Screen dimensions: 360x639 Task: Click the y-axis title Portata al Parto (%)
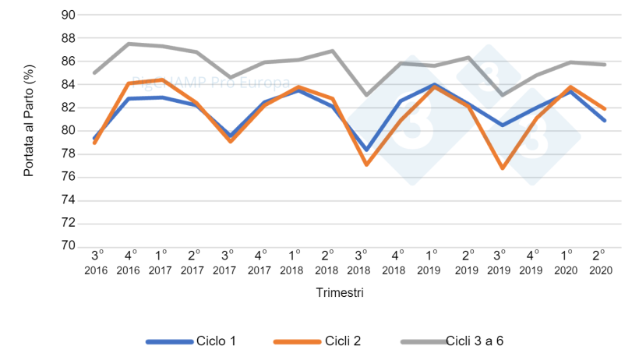pos(29,130)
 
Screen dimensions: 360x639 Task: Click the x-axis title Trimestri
pos(340,293)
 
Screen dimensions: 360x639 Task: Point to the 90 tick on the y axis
pos(68,15)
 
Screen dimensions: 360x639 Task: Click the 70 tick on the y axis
pos(68,246)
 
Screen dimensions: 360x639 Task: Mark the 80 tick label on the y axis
pos(68,130)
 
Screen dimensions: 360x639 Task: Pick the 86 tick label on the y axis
pos(68,61)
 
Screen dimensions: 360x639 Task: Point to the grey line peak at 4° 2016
pos(128,44)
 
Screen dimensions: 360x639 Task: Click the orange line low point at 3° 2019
pos(503,168)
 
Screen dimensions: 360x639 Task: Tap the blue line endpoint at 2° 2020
pos(605,120)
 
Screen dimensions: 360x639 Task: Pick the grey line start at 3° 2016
pos(94,72)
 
